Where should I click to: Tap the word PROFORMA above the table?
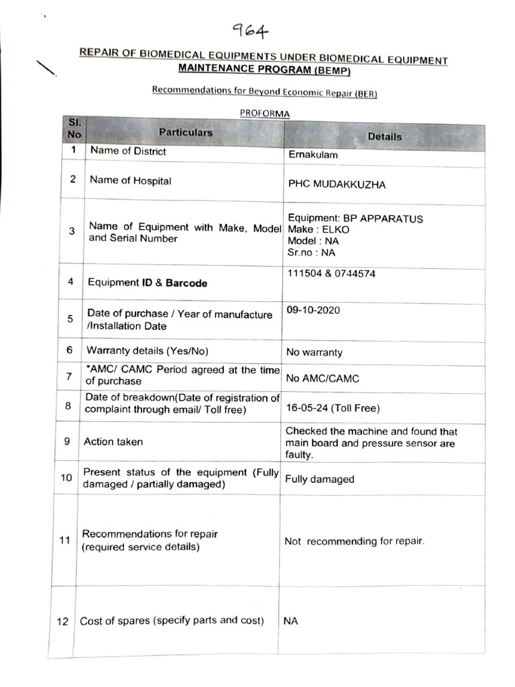pos(265,113)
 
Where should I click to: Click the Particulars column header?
pos(186,133)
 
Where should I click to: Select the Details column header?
pos(385,136)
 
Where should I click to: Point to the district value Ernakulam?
pos(313,155)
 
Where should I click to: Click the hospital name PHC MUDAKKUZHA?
pos(337,184)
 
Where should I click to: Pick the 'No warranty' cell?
pos(314,352)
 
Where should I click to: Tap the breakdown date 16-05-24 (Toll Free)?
pos(333,408)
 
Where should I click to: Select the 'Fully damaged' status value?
pos(320,479)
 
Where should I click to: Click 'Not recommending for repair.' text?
pos(354,541)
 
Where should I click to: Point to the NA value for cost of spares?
pos(290,621)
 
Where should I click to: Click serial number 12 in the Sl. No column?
pos(62,622)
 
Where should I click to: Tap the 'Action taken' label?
pos(113,441)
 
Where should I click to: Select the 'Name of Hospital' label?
pos(131,180)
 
